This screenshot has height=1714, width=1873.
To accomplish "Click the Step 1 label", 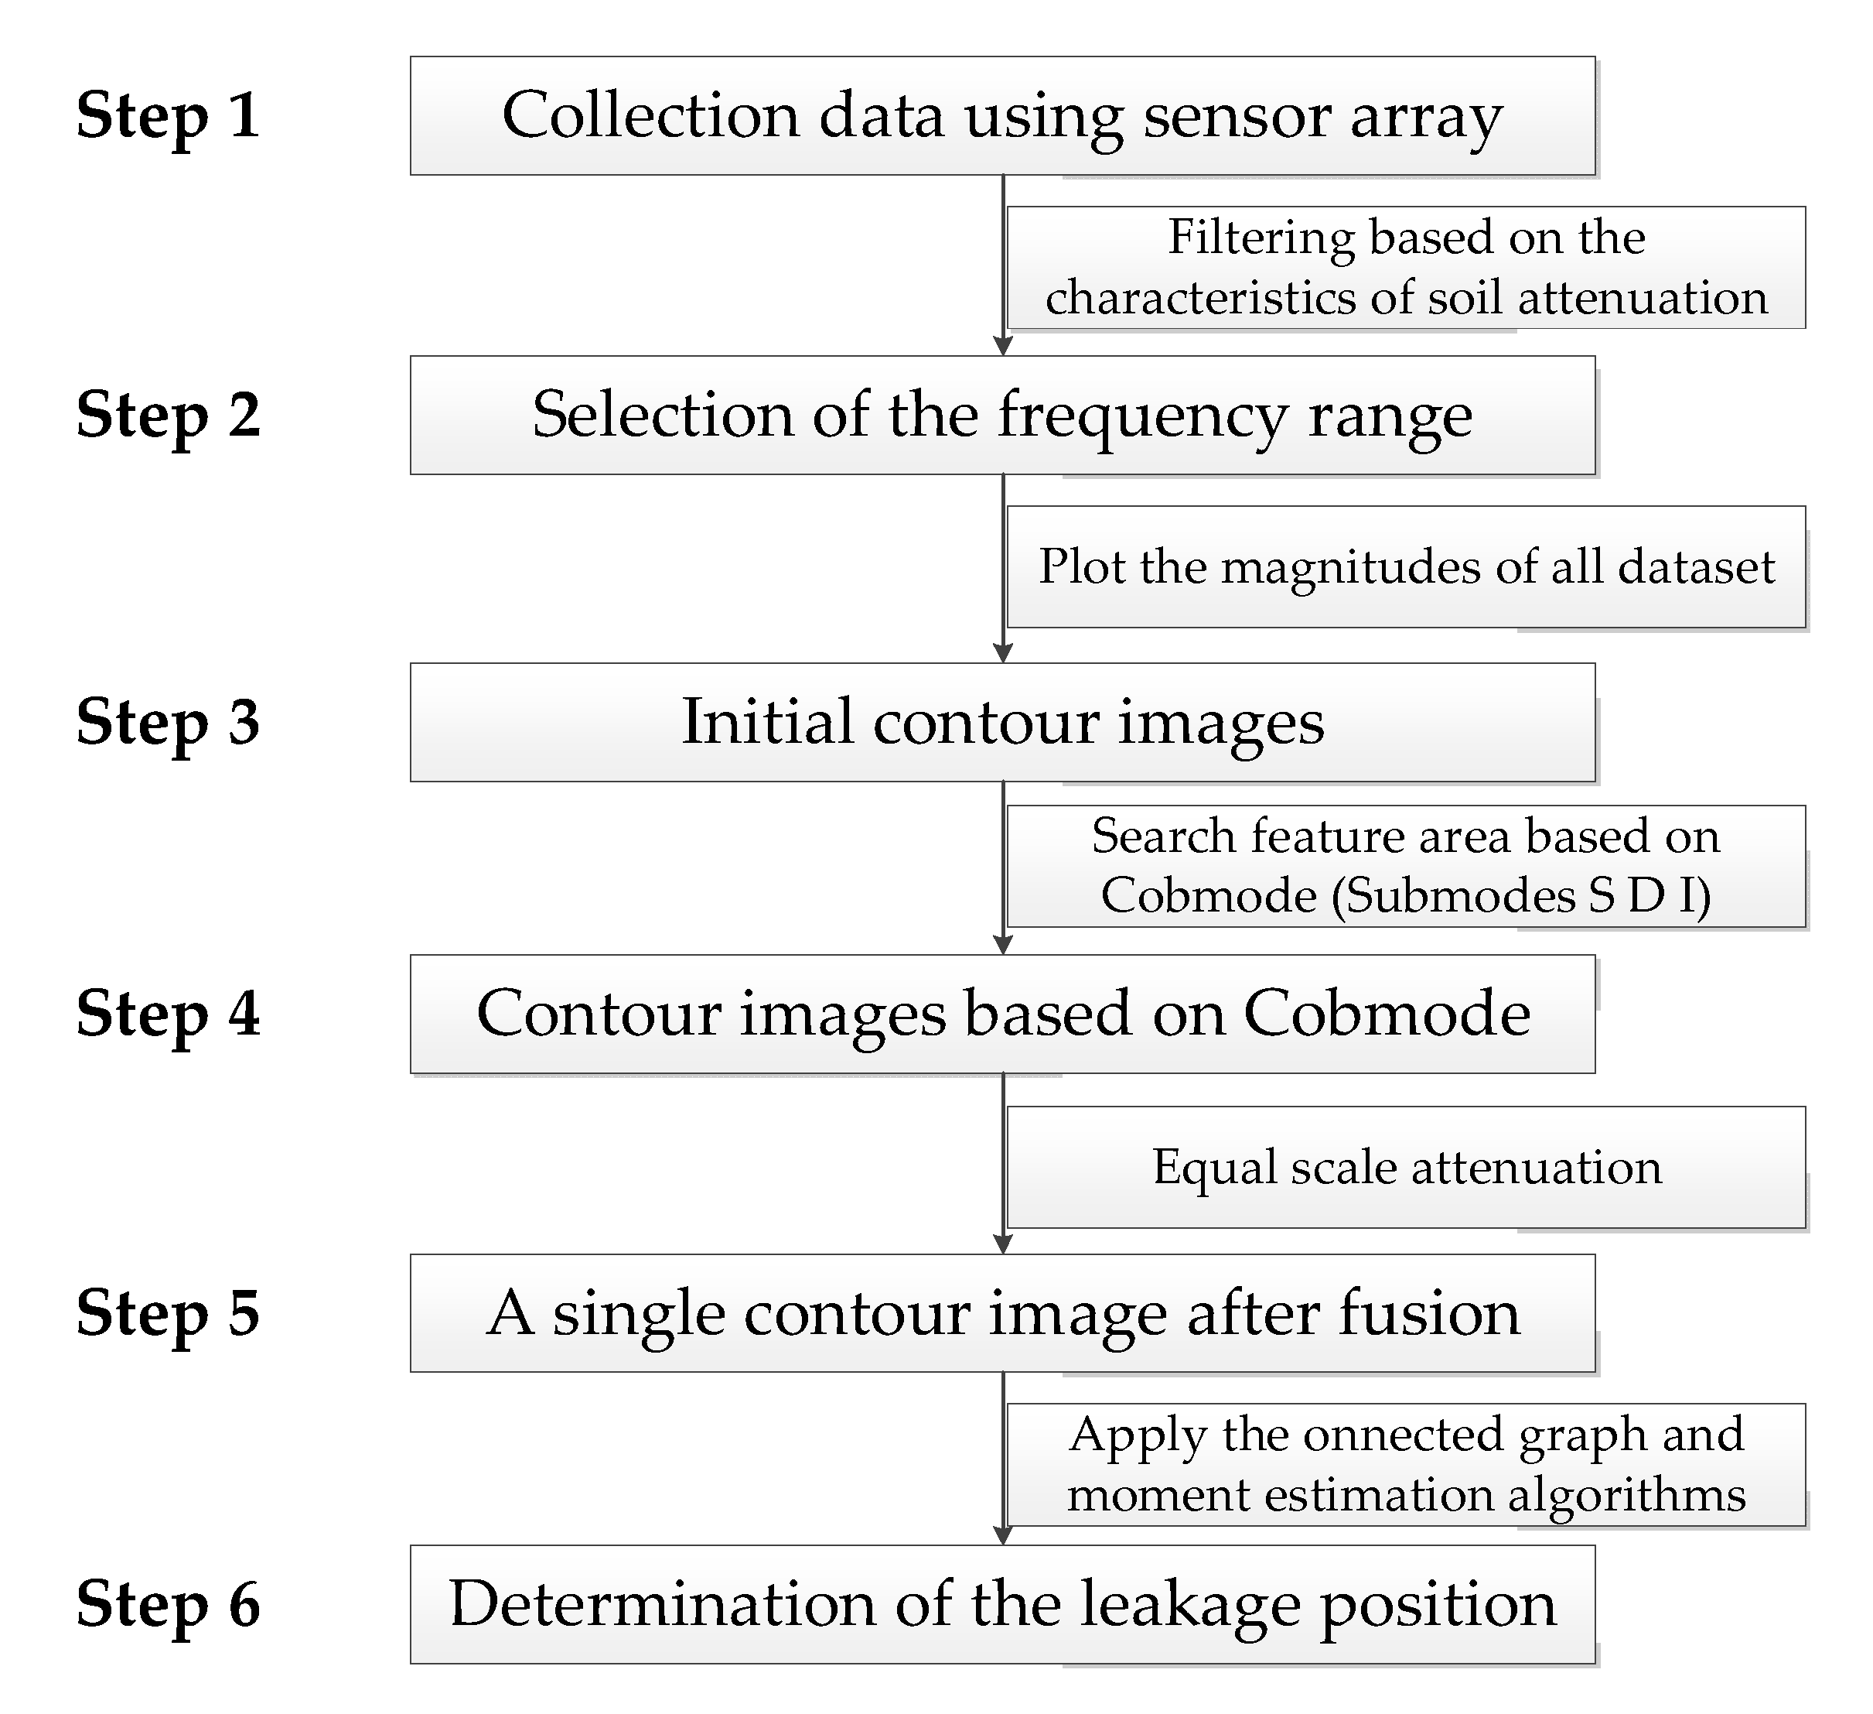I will click(x=168, y=115).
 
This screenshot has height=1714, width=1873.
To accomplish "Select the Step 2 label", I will click(x=168, y=415).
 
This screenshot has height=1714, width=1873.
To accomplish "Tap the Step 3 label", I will click(x=168, y=722).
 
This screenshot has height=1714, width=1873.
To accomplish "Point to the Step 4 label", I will click(x=168, y=1013).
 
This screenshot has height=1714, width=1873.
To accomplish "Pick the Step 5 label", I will click(x=168, y=1313).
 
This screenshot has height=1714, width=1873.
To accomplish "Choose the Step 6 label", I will click(x=168, y=1604).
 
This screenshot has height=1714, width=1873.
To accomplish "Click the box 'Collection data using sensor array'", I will click(x=1001, y=115).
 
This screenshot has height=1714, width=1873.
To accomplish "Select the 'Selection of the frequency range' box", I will click(x=1001, y=415).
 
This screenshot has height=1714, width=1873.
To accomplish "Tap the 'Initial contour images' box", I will click(x=1001, y=722).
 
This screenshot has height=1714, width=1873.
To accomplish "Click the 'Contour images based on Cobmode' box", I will click(x=1001, y=1013).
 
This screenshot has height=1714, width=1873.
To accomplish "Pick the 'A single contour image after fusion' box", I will click(x=1001, y=1313).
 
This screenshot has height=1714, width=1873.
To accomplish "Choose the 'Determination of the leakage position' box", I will click(x=1001, y=1604).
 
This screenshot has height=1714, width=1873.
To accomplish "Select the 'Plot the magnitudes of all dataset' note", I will click(x=1406, y=567).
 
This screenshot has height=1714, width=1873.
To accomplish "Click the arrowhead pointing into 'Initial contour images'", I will click(x=1002, y=653).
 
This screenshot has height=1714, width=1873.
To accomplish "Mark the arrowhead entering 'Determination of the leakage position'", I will click(x=1002, y=1535).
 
